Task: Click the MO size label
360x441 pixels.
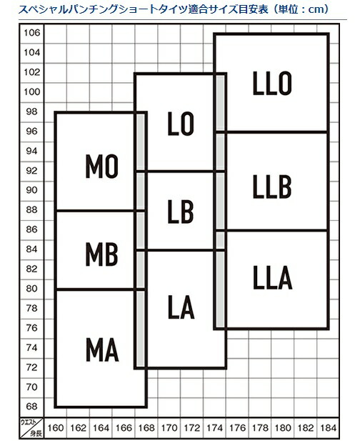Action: tap(101, 167)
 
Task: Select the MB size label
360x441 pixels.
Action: tap(101, 254)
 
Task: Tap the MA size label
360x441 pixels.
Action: tap(102, 350)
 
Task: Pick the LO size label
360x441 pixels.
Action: tap(181, 124)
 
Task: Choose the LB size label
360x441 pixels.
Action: tap(181, 212)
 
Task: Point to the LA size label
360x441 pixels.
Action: tap(181, 307)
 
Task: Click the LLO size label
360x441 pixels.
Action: tap(272, 83)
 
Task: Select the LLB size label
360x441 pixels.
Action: tap(272, 187)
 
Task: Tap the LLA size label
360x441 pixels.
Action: tap(273, 277)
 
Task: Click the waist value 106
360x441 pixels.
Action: tap(31, 33)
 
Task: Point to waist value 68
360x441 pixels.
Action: tap(31, 406)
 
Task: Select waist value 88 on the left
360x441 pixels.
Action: tap(31, 209)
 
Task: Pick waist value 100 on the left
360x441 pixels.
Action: tap(31, 91)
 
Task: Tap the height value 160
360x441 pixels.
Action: tap(56, 428)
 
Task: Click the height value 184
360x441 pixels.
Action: tap(329, 428)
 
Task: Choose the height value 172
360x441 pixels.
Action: tap(192, 428)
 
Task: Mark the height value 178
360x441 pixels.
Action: tap(260, 428)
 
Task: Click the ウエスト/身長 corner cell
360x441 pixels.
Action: tap(31, 428)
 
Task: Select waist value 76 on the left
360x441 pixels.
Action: tap(31, 327)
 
